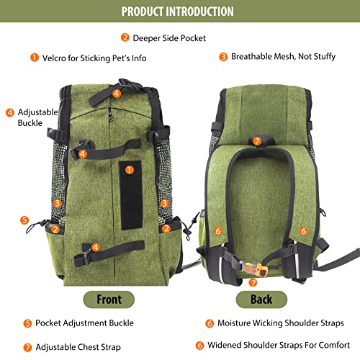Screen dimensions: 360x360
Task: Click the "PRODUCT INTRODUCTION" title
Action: (x=177, y=12)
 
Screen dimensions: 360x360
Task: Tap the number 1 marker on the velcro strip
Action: (x=130, y=170)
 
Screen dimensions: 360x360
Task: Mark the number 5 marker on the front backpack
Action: (x=25, y=220)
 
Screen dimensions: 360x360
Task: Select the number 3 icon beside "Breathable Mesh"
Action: (x=223, y=56)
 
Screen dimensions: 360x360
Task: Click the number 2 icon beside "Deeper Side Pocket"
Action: (x=125, y=37)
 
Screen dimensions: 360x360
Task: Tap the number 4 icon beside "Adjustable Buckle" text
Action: (x=9, y=112)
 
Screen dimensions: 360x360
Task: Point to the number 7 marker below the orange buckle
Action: (x=252, y=282)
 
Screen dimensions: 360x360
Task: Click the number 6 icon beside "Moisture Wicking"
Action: (x=210, y=323)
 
